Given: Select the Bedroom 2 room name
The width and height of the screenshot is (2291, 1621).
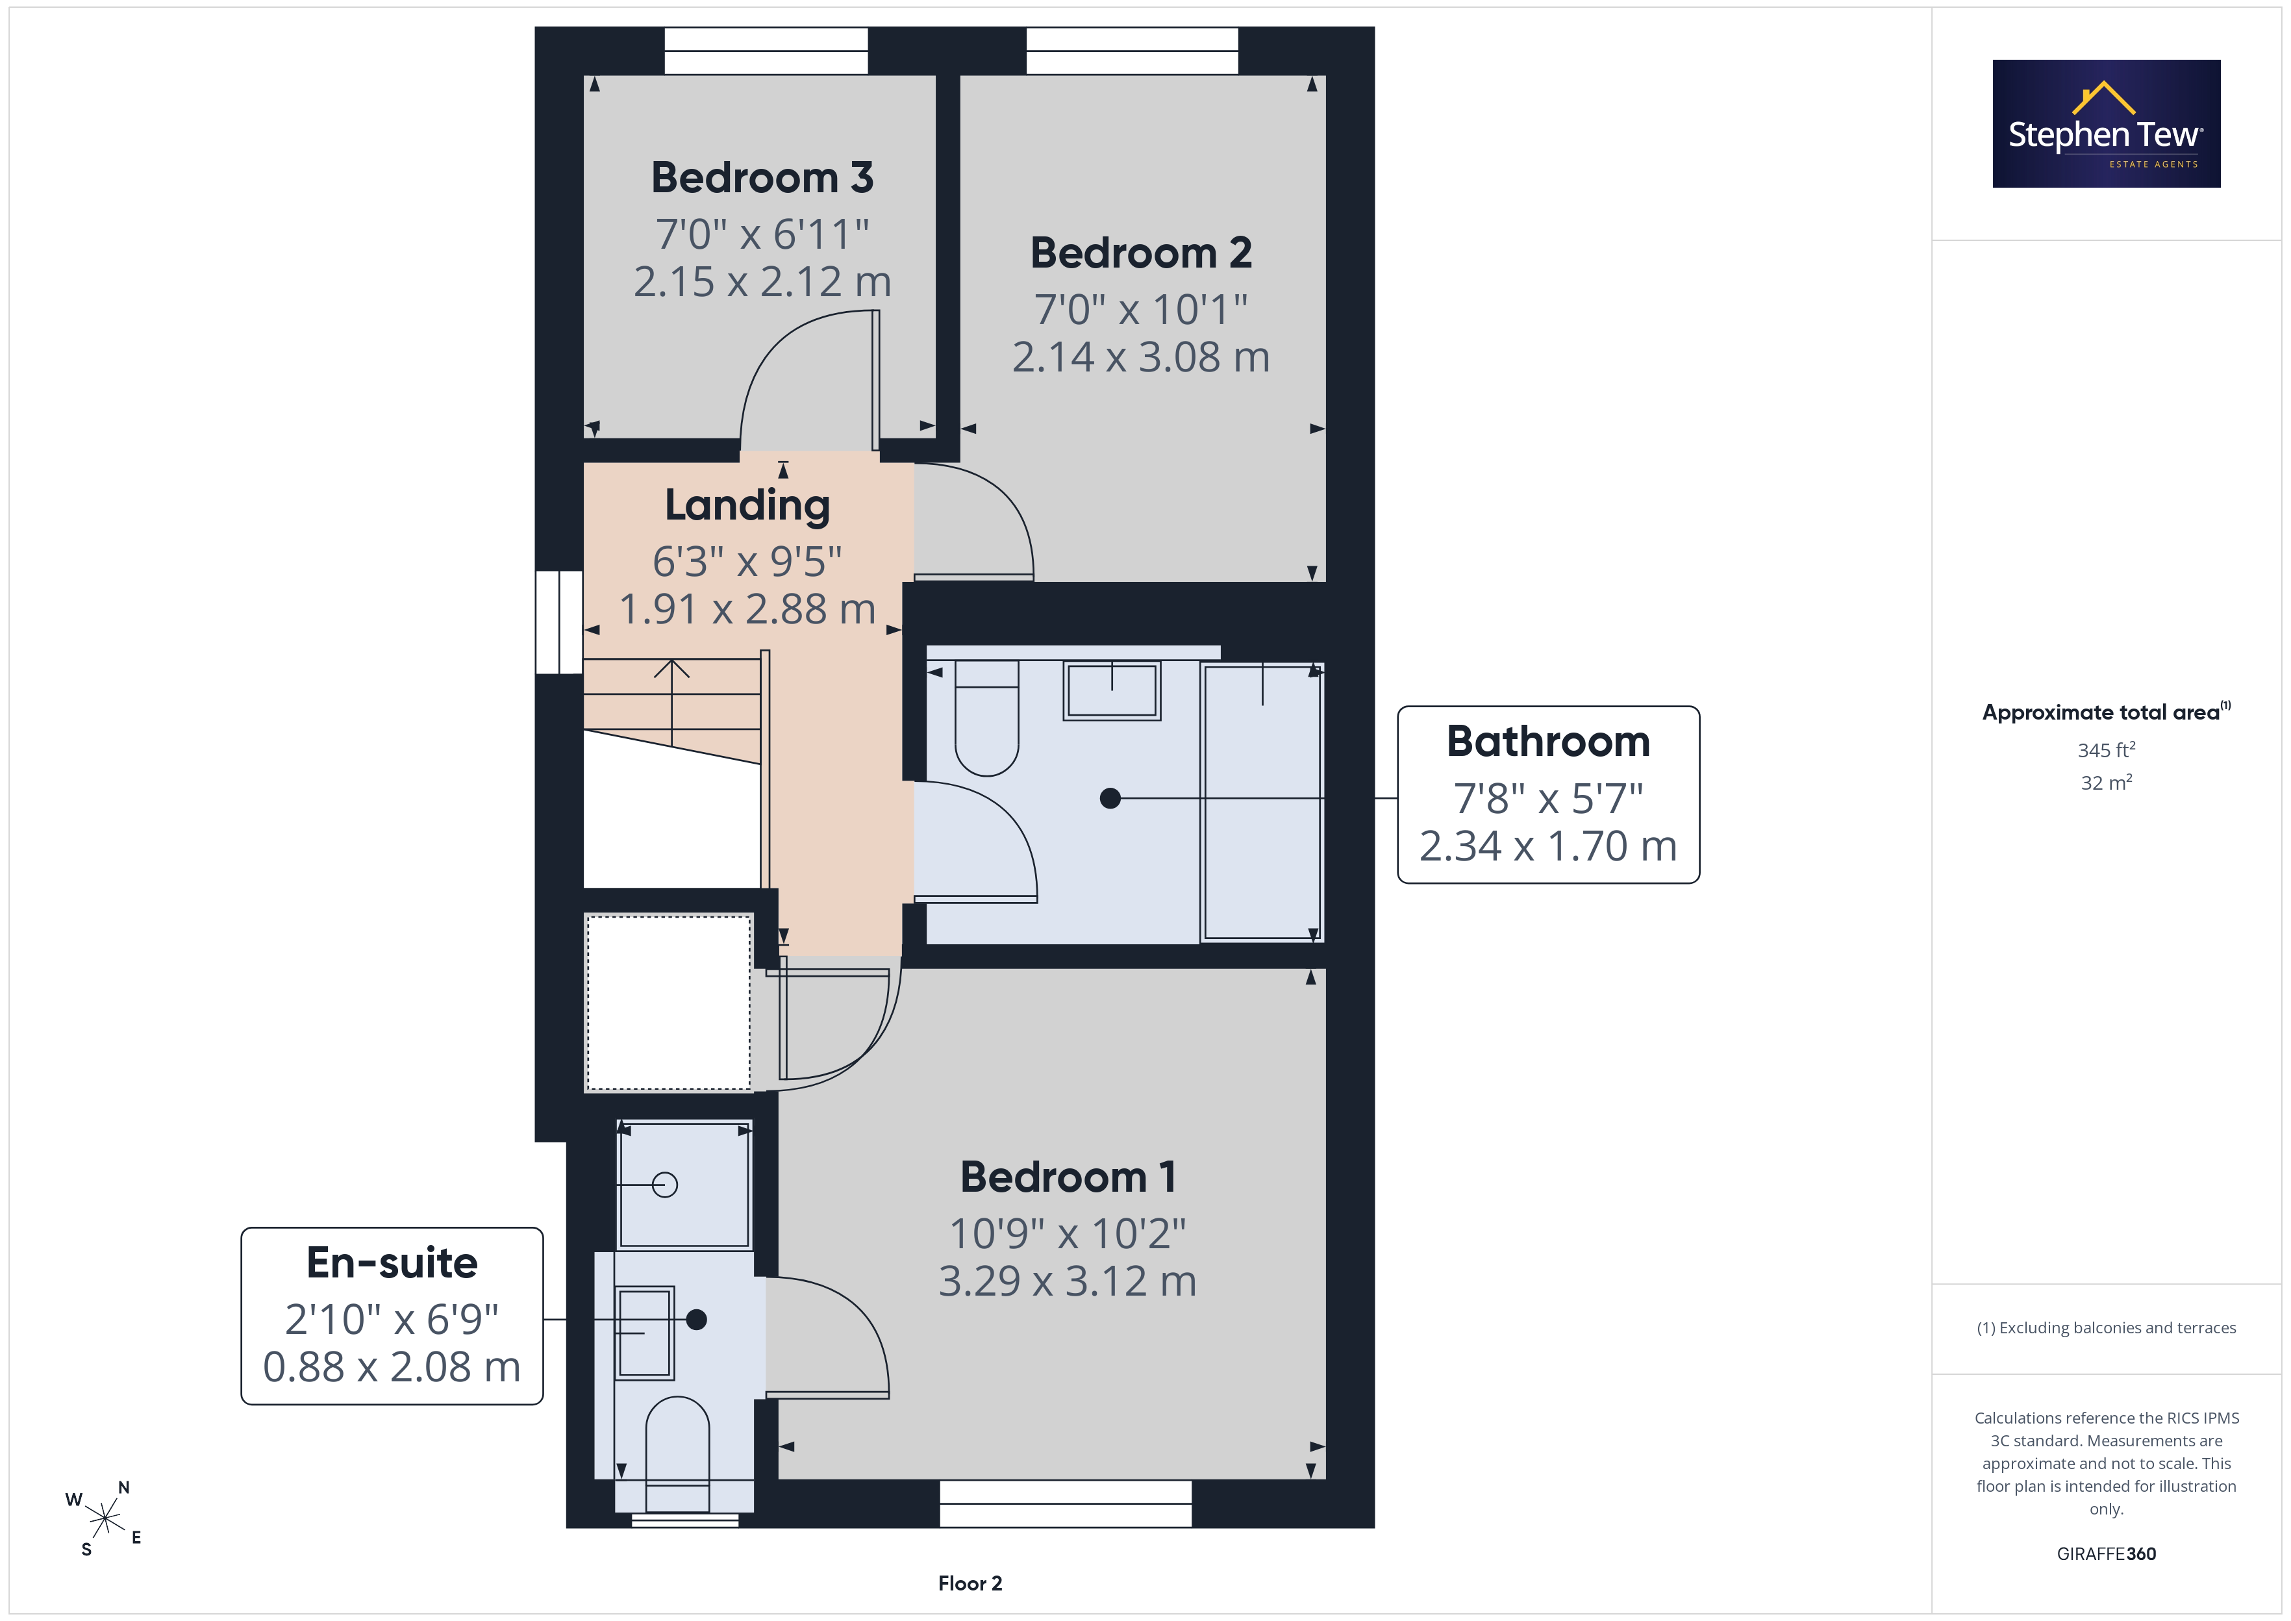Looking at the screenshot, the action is [1140, 253].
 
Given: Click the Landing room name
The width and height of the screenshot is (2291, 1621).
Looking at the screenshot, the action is [747, 506].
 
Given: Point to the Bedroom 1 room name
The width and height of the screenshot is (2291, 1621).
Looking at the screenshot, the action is [1068, 1177].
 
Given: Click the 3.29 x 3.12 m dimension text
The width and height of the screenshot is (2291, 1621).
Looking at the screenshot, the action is [1068, 1281].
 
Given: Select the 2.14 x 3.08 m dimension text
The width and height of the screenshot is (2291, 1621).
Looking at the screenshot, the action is [1140, 357].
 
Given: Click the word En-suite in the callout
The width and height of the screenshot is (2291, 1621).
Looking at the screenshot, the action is [392, 1263].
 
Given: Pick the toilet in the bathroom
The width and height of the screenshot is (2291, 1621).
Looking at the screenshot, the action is [987, 718].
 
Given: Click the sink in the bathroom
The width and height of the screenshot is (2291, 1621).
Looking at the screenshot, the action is [1112, 690].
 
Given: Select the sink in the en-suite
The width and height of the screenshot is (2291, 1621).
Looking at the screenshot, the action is [645, 1333].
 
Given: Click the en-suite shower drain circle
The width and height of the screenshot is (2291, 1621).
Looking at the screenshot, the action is [664, 1185].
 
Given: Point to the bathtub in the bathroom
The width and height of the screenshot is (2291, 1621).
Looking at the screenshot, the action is [1262, 801].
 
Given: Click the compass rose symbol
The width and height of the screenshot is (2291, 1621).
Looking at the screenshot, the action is [104, 1519].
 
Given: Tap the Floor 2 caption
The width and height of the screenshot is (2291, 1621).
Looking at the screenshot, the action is [970, 1584].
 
